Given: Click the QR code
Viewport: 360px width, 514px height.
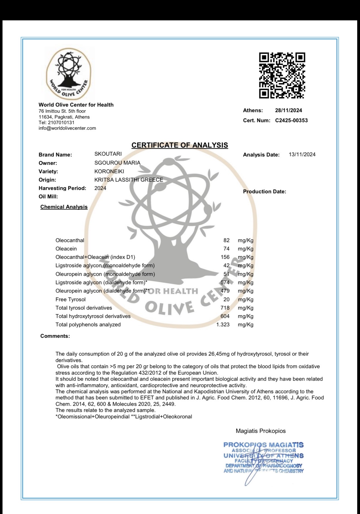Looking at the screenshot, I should (x=282, y=75).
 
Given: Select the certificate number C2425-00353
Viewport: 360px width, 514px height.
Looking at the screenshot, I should (x=291, y=120).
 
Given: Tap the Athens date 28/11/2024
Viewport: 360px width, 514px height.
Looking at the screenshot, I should (x=289, y=110).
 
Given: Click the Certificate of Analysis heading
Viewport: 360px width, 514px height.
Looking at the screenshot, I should (x=180, y=145).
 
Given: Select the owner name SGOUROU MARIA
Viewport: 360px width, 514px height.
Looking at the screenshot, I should (x=117, y=163).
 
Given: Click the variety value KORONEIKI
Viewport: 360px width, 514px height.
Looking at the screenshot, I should (x=109, y=171).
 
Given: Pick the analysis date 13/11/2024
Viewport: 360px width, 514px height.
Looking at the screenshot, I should (x=302, y=155).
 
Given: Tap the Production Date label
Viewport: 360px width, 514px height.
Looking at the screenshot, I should (x=265, y=192).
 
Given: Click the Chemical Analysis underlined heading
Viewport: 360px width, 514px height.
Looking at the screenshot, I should (x=64, y=207).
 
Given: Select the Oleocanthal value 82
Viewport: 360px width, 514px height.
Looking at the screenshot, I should (x=226, y=240).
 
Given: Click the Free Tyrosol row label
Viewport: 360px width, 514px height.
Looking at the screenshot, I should (x=71, y=300).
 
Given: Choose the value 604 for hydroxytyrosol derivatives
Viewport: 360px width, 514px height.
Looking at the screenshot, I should (x=225, y=316).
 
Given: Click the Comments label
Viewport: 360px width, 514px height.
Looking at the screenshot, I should (x=55, y=336).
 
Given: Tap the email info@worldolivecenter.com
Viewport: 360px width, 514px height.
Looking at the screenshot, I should (x=67, y=128).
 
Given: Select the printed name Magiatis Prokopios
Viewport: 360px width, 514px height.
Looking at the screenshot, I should (x=261, y=431).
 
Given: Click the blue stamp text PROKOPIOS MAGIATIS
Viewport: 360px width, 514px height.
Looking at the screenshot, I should (x=263, y=445).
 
